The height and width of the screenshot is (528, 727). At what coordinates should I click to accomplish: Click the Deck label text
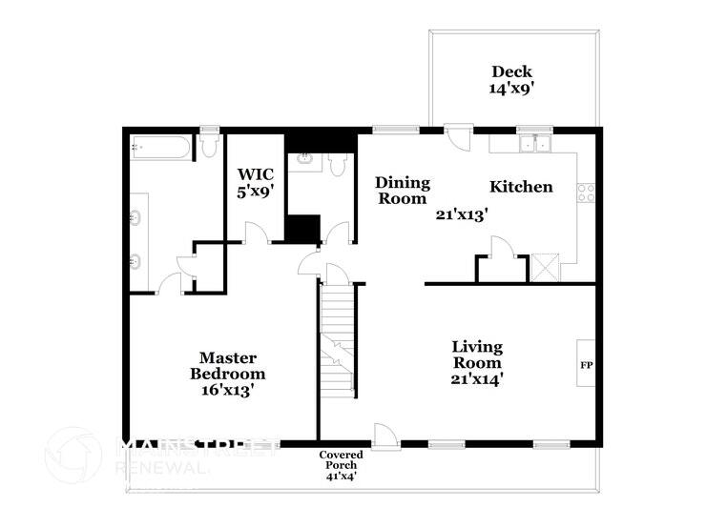click(511, 71)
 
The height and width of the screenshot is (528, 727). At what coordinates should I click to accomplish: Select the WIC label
click(255, 174)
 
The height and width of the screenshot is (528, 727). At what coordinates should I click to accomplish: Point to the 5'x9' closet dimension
click(255, 191)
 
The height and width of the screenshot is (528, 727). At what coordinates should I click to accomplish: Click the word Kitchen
click(521, 186)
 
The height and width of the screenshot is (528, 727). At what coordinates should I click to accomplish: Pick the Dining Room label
click(402, 191)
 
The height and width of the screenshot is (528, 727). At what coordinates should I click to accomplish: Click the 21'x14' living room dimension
click(477, 378)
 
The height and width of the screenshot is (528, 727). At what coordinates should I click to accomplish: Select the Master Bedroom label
click(227, 366)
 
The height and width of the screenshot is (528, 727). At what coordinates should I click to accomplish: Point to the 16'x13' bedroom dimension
click(227, 389)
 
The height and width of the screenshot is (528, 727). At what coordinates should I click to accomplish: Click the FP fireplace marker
click(586, 365)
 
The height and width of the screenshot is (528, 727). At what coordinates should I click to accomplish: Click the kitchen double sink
click(533, 145)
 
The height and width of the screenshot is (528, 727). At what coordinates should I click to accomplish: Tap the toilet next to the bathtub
click(209, 145)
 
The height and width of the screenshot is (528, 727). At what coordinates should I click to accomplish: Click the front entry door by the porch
click(385, 437)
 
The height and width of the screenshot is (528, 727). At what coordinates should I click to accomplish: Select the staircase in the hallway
click(336, 338)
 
